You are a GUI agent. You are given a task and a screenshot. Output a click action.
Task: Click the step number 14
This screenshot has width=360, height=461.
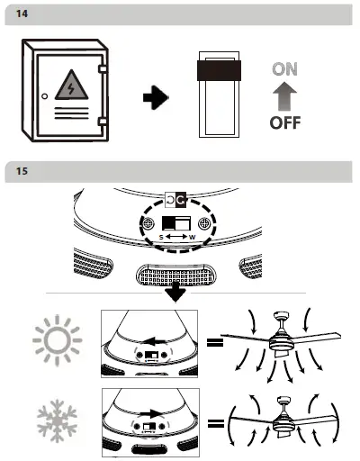point(22,14)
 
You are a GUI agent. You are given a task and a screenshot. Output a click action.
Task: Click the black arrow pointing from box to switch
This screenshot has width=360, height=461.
point(157,97)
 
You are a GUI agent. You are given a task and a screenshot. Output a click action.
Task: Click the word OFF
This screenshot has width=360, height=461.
point(285,124)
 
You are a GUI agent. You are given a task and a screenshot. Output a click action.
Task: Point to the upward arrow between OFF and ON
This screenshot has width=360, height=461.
point(285,96)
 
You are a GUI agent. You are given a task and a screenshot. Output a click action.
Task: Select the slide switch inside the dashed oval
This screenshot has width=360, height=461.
point(176,222)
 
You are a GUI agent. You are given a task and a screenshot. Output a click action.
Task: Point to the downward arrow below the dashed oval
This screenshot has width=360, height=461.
point(176,293)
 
